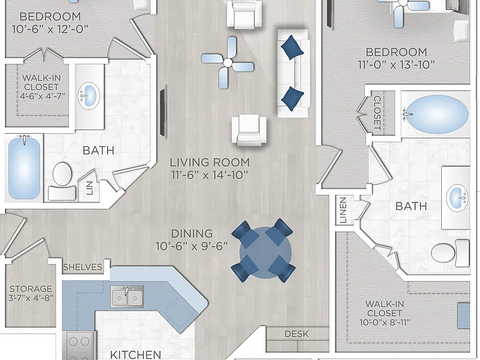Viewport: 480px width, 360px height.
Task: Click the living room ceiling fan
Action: pos(227,62)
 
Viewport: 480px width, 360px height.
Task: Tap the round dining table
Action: pos(265,252)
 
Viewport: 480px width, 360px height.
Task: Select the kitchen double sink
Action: pos(127,296)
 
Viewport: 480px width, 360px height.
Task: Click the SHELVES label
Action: pos(82,267)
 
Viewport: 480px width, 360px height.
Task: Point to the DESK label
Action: pos(297,334)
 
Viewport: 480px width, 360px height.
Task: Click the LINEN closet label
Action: pos(343,210)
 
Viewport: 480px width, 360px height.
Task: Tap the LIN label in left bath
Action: pos(89,188)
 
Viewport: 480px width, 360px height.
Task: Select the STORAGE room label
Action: pos(31,289)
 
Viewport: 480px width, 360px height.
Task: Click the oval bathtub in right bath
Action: pos(436,114)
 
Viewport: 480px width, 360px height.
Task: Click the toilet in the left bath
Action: pos(62,181)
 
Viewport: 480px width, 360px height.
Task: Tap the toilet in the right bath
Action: pos(450,253)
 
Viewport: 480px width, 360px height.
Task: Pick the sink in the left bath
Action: pos(89,96)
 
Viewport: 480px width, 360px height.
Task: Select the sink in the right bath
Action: pos(457,197)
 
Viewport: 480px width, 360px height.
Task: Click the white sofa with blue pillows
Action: pos(293,73)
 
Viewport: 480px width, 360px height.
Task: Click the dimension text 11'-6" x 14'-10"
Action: pos(209,175)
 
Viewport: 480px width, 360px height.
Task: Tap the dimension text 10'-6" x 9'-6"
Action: pos(192,246)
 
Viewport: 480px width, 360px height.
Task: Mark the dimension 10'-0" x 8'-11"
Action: pos(385,322)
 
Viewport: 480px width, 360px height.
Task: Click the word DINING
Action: pos(192,234)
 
